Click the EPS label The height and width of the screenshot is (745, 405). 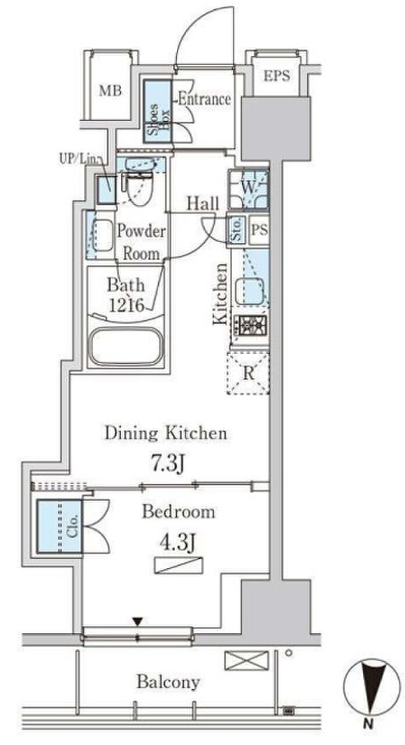(x=276, y=76)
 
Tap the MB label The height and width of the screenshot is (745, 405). (x=111, y=91)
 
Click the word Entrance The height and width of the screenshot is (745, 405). (x=204, y=99)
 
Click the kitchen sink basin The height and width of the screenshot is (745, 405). (x=250, y=292)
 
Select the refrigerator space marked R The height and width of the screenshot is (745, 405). (x=248, y=374)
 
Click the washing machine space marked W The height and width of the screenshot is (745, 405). (x=248, y=190)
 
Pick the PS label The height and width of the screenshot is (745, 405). (x=260, y=230)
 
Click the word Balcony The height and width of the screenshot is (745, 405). (x=168, y=682)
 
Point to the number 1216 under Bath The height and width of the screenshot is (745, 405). (x=126, y=305)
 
